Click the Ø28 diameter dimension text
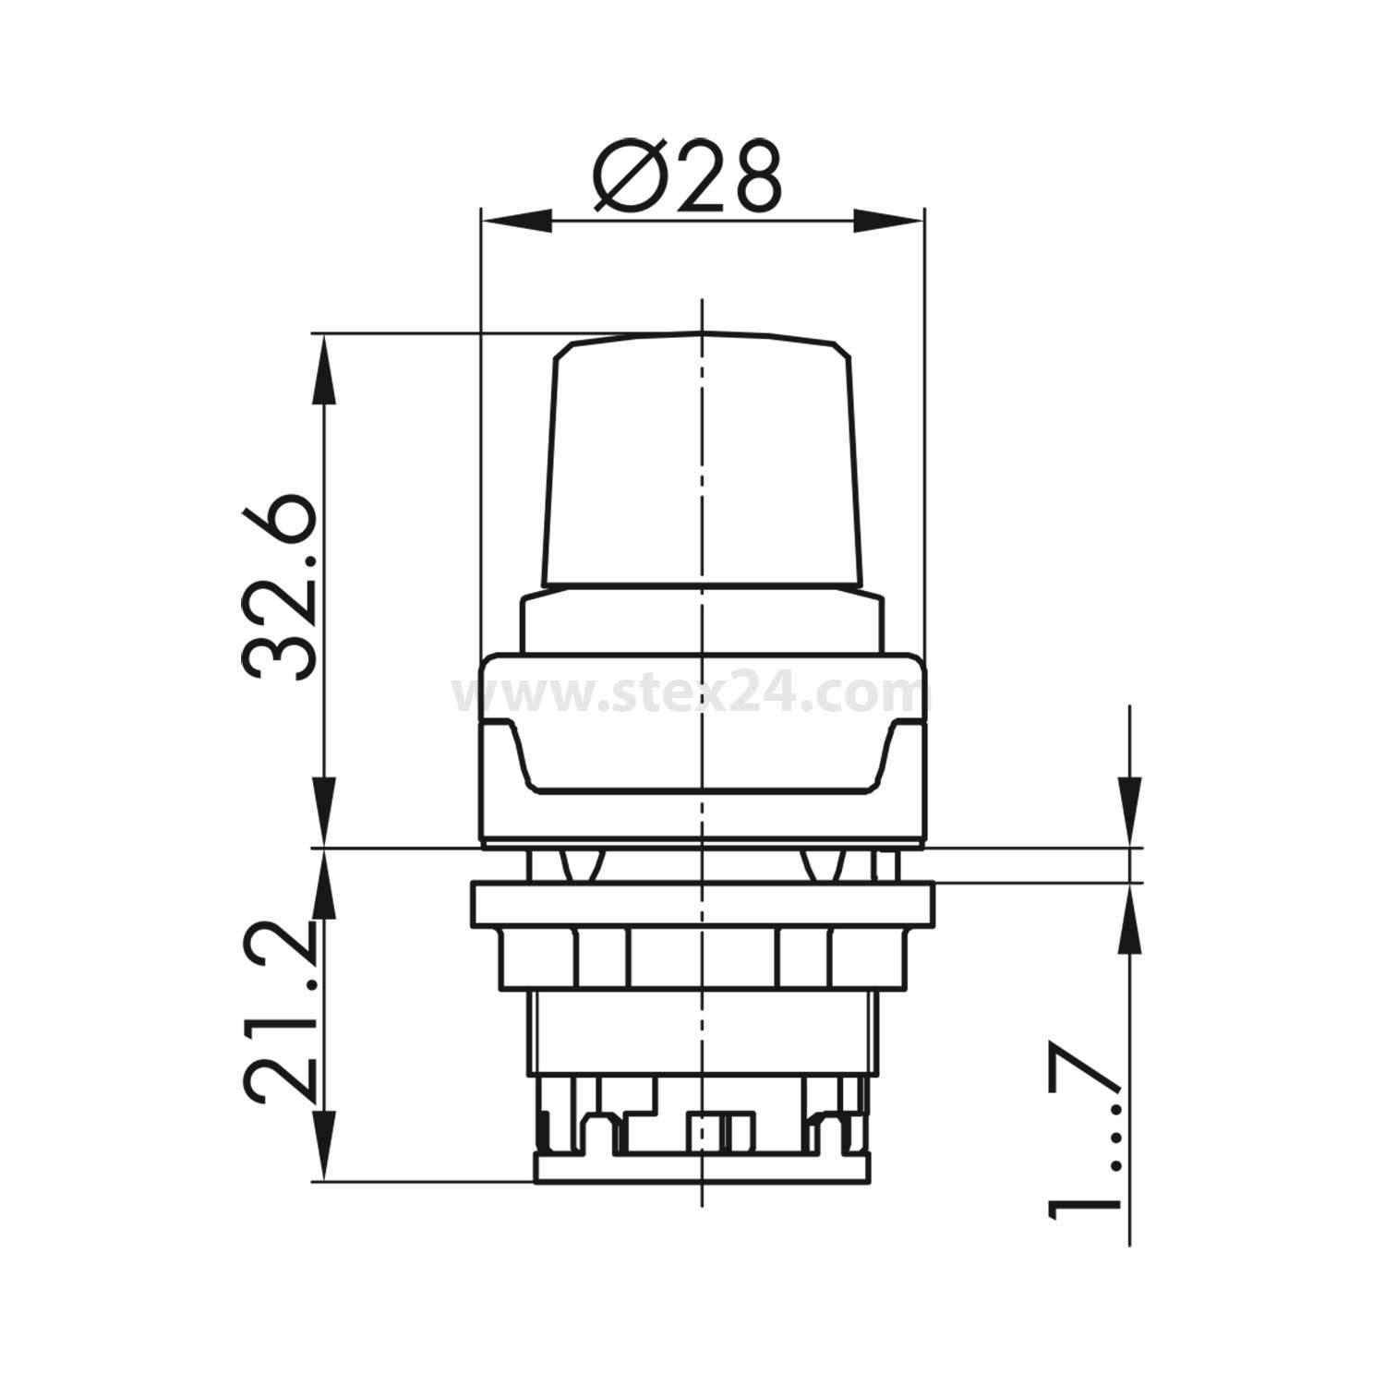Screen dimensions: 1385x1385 (688, 177)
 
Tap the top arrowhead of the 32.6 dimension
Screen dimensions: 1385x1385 (323, 365)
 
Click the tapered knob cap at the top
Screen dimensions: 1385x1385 (702, 462)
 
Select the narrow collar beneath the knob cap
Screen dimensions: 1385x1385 (702, 623)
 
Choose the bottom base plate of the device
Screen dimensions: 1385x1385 (702, 1168)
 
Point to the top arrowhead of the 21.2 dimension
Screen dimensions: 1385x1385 (323, 882)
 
